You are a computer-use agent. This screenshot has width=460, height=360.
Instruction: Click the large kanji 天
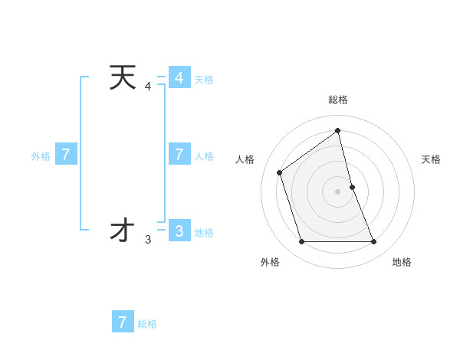[123, 78]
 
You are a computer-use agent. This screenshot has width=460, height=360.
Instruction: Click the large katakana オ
[123, 230]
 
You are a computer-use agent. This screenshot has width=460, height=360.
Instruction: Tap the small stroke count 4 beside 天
[148, 87]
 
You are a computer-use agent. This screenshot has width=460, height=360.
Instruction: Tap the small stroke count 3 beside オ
[148, 240]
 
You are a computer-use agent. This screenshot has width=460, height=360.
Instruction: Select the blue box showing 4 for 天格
[179, 78]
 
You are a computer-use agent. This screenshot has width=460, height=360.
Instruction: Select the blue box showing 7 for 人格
[179, 155]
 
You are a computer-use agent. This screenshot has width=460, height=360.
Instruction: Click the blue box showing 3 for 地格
[179, 231]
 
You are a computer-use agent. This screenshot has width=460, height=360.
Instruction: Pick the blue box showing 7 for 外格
[66, 155]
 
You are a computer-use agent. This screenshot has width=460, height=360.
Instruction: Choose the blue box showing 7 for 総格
[123, 322]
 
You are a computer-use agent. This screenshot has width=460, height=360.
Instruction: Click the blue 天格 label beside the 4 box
[204, 80]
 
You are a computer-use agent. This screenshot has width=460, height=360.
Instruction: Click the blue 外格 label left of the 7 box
[41, 156]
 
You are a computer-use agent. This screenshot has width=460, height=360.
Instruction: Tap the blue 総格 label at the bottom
[147, 324]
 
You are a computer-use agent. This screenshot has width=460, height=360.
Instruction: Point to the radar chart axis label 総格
[337, 100]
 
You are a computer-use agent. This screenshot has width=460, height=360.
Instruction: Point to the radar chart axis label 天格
[431, 159]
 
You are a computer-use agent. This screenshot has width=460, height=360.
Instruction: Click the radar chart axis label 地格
[402, 262]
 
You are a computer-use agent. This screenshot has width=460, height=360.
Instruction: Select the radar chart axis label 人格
[245, 159]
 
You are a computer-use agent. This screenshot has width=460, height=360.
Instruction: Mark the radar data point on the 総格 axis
[337, 130]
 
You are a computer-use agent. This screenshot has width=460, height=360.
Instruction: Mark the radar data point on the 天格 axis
[352, 187]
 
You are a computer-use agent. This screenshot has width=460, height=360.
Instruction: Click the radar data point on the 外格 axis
[301, 242]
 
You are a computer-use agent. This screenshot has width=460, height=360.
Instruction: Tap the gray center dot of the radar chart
[337, 191]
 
